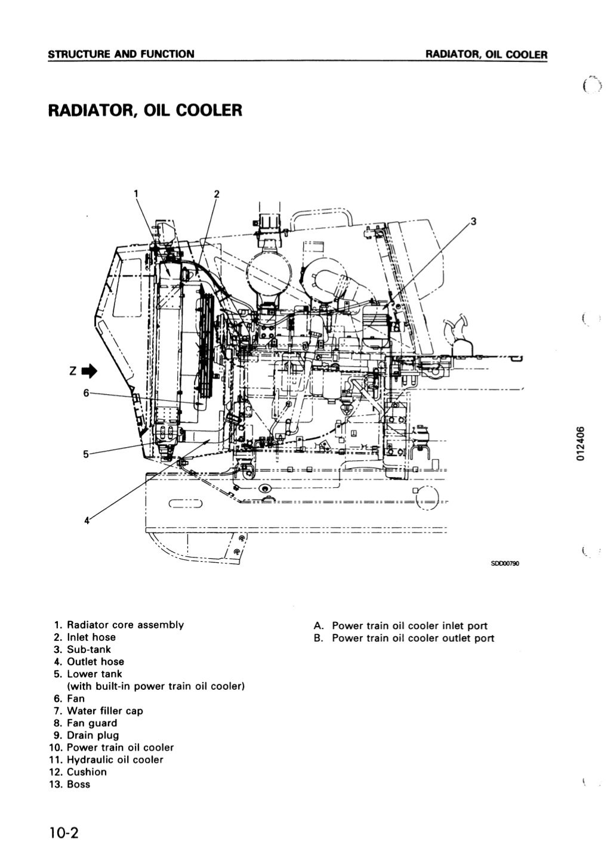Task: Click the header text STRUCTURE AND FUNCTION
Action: point(121,54)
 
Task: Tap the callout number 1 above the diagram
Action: point(135,193)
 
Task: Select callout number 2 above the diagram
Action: point(217,193)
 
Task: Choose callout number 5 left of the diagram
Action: point(86,454)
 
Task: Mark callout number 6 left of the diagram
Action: point(86,393)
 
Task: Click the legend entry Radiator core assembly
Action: point(125,625)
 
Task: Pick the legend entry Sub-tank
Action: point(88,649)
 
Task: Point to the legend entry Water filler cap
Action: point(104,711)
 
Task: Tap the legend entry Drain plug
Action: point(92,735)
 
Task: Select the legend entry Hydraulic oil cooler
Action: point(115,760)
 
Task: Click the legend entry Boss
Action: point(78,784)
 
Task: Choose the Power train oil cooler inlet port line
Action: point(409,625)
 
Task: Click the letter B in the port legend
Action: point(319,638)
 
